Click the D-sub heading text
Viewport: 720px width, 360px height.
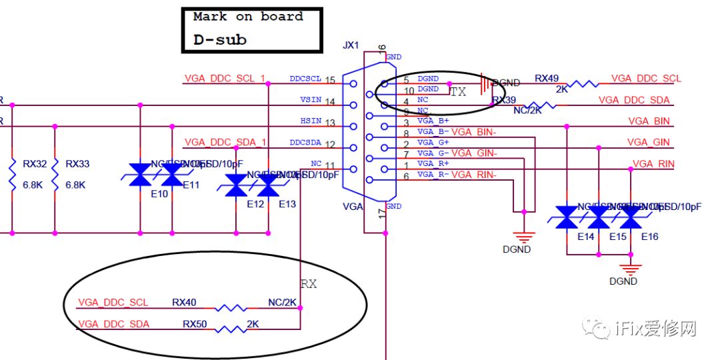(x=220, y=40)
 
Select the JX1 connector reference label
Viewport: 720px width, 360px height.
(x=351, y=45)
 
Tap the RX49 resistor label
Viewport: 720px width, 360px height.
(x=547, y=79)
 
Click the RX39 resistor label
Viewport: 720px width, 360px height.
(x=504, y=100)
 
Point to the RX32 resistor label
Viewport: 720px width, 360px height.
(x=34, y=163)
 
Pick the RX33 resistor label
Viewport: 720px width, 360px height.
(x=77, y=163)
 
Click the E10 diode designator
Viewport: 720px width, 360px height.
(x=159, y=194)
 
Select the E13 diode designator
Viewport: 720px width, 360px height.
(x=287, y=204)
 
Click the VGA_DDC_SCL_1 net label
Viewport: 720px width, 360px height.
(x=225, y=79)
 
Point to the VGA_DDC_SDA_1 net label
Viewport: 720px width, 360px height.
(x=225, y=142)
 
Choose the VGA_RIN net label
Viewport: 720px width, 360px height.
(x=653, y=164)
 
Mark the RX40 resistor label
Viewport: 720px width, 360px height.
(x=184, y=302)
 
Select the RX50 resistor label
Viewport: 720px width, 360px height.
(x=195, y=324)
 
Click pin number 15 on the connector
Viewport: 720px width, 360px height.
(x=329, y=81)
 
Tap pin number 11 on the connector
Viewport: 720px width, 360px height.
(x=329, y=165)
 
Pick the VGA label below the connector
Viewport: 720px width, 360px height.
(x=353, y=207)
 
